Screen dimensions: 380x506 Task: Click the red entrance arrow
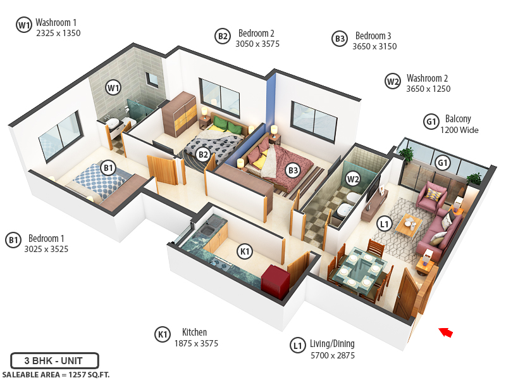(x=447, y=332)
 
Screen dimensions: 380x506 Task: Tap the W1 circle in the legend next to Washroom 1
(x=24, y=25)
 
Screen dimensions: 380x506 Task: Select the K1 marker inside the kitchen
(x=244, y=252)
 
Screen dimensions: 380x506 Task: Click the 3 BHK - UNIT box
(x=54, y=361)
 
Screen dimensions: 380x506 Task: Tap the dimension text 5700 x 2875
(x=332, y=355)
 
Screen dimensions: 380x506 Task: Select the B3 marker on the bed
(x=292, y=170)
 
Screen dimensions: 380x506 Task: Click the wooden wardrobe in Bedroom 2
(x=179, y=114)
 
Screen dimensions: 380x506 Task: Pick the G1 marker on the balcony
(x=442, y=163)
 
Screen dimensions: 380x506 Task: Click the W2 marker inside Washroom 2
(x=353, y=179)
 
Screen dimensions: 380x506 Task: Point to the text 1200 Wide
(x=459, y=130)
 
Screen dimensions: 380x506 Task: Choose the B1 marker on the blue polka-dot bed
(x=109, y=168)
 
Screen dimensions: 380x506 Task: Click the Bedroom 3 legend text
(x=373, y=36)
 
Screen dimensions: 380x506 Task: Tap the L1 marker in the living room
(x=384, y=224)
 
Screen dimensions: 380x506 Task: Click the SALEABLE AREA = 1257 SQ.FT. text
(x=55, y=374)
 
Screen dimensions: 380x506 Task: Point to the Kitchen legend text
(x=194, y=332)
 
